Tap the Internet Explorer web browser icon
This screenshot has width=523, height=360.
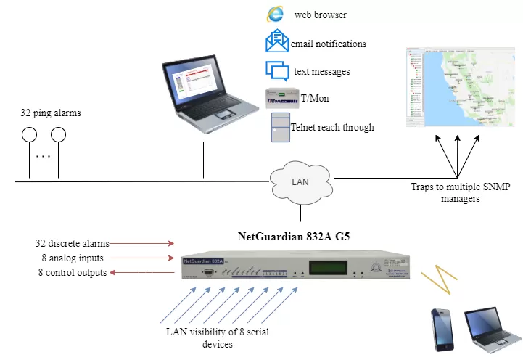275,14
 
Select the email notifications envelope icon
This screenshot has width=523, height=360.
276,42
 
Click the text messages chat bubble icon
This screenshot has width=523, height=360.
277,70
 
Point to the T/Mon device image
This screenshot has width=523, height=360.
281,98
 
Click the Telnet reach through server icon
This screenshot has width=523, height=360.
280,127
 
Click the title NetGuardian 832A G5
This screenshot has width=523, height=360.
296,236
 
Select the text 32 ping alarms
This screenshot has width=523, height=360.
50,113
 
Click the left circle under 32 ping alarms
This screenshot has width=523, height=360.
29,135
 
